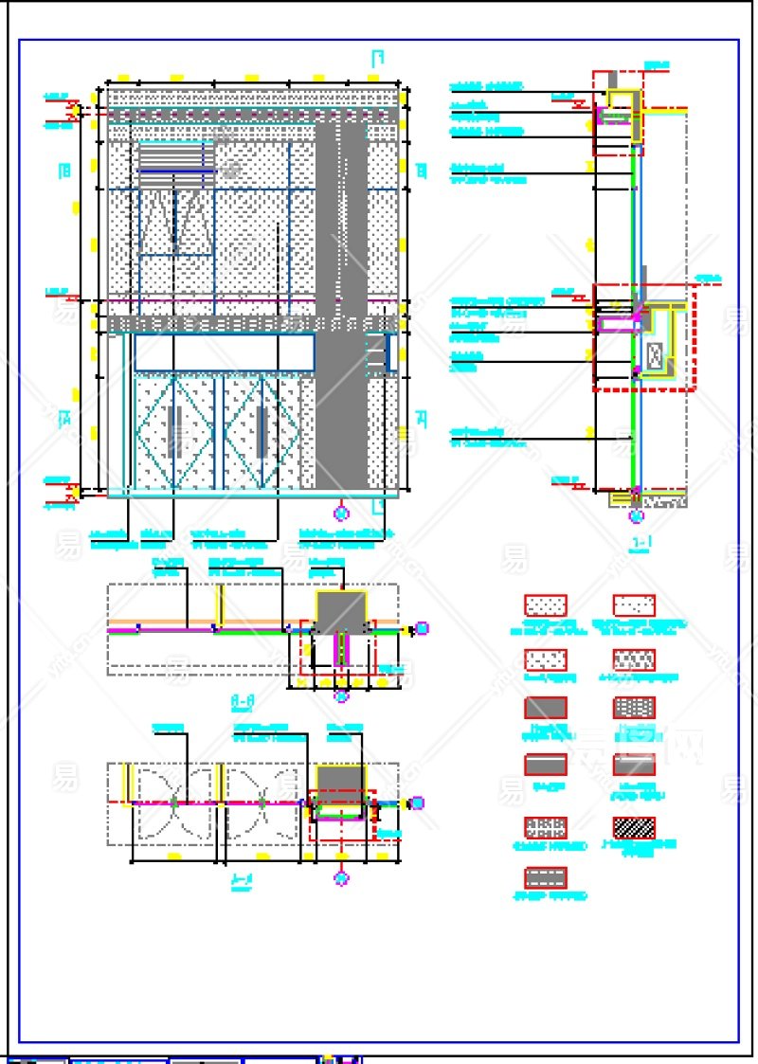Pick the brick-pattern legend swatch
[x=634, y=707]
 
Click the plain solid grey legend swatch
[x=546, y=707]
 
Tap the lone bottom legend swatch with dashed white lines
[x=546, y=877]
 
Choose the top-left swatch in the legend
[x=546, y=605]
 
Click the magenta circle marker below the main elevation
[x=342, y=513]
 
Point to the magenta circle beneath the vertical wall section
[x=636, y=516]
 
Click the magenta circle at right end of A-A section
[x=423, y=627]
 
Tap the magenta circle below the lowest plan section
[x=342, y=879]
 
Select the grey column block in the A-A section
[x=341, y=612]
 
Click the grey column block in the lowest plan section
[x=339, y=779]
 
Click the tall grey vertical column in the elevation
[x=341, y=303]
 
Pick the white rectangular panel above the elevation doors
[x=224, y=352]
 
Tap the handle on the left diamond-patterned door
[x=174, y=431]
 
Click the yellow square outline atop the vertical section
[x=622, y=100]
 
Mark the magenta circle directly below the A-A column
[x=342, y=695]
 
